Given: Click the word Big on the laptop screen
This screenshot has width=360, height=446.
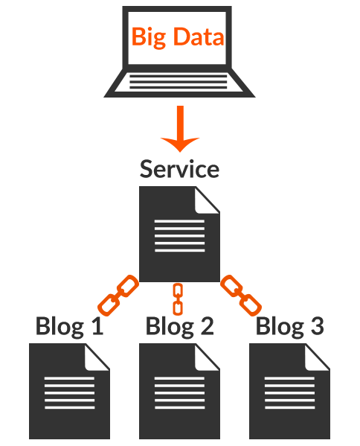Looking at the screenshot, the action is tap(149, 37).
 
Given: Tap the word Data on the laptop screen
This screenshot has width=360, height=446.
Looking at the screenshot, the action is tap(199, 36).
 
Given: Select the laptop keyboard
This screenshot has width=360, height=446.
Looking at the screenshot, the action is tap(179, 82).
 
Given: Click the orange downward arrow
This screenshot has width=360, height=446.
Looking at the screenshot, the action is tap(180, 129).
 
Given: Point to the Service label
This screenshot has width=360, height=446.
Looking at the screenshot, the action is tap(179, 169).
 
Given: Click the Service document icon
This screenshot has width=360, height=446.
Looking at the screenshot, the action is tap(179, 234).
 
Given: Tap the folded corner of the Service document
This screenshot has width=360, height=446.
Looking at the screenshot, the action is tap(207, 200).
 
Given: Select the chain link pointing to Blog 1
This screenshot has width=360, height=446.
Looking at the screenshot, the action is tap(118, 296).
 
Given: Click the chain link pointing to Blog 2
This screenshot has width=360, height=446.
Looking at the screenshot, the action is tap(179, 299).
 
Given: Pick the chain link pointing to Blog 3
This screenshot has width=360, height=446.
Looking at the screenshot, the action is tap(241, 296).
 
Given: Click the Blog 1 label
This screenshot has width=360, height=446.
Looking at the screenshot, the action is tap(69, 327).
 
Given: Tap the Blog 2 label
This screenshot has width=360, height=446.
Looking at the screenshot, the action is tap(179, 327).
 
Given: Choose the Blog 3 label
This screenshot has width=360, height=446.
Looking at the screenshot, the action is tap(290, 327).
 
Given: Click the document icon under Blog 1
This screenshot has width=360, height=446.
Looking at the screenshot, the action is tap(69, 391).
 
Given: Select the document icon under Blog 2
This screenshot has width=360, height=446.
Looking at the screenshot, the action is tap(179, 391).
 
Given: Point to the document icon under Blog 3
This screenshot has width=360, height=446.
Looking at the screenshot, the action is tap(289, 391).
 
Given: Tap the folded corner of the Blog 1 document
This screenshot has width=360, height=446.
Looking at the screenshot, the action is tap(97, 357).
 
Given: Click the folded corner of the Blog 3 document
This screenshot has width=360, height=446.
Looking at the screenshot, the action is tap(317, 357).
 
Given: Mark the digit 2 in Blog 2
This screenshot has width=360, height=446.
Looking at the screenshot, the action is tap(207, 325).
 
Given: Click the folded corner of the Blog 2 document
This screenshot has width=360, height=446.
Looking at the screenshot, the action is tap(207, 357).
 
